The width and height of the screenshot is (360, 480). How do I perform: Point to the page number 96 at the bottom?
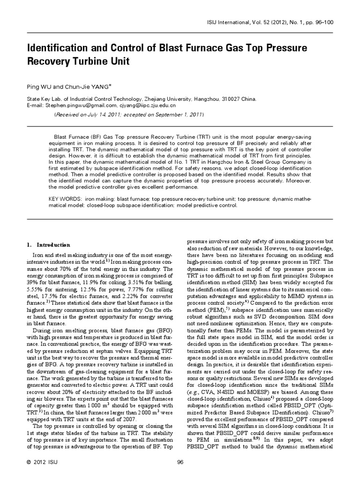click(x=180, y=463)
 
